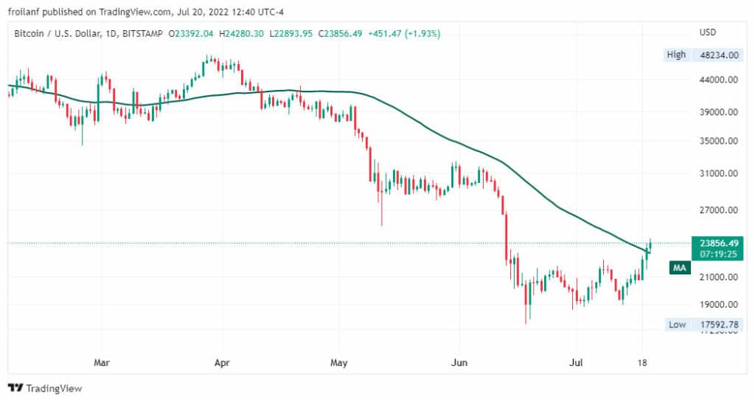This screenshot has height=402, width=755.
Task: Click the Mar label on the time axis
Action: click(102, 362)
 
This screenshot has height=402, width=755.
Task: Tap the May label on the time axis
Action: click(339, 362)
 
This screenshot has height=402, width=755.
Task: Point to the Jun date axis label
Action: click(459, 362)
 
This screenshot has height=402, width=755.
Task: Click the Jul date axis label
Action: click(577, 362)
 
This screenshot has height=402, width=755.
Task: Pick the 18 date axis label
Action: click(642, 362)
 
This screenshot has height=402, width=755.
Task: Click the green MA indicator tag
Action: click(680, 268)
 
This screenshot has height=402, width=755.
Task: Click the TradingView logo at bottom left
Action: click(45, 388)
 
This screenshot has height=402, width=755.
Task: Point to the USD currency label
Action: click(708, 32)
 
